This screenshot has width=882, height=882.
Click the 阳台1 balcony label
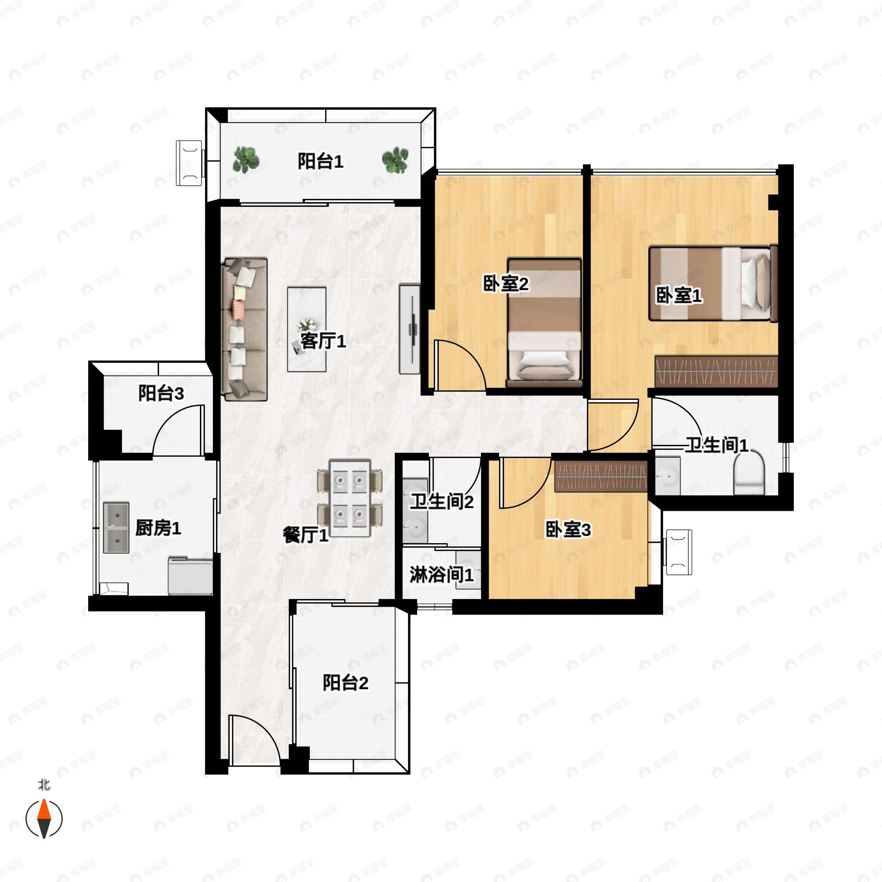pos(320,161)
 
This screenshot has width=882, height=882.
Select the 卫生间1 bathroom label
pos(717,445)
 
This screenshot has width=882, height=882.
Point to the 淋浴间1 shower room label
pos(441,574)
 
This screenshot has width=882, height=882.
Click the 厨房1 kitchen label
pos(158,528)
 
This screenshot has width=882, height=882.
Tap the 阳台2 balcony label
pos(345,682)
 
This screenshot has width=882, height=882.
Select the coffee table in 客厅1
pos(307,329)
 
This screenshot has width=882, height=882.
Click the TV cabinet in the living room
pos(409,329)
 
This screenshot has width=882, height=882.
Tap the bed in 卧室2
pos(544,323)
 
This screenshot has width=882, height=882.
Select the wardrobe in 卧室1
pos(716,371)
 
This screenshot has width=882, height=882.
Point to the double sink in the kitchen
pos(116,528)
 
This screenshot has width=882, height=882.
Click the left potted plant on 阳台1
pos(246,160)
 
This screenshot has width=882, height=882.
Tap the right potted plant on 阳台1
pos(395,160)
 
